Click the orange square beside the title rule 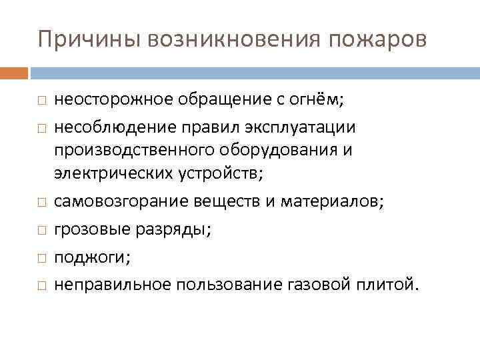click(14, 71)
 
